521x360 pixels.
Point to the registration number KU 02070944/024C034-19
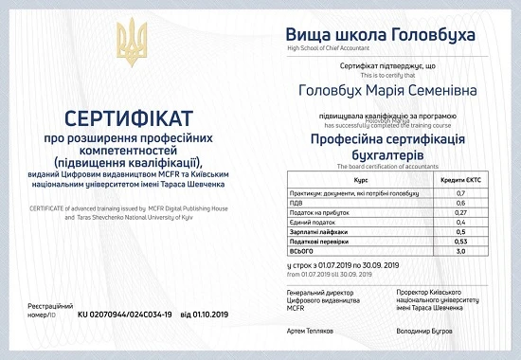click(x=125, y=313)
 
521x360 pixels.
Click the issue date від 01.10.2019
click(x=205, y=313)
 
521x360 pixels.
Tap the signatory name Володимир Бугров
click(x=423, y=333)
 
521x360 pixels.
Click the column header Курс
click(x=360, y=178)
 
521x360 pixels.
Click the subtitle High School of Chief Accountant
click(x=332, y=47)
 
